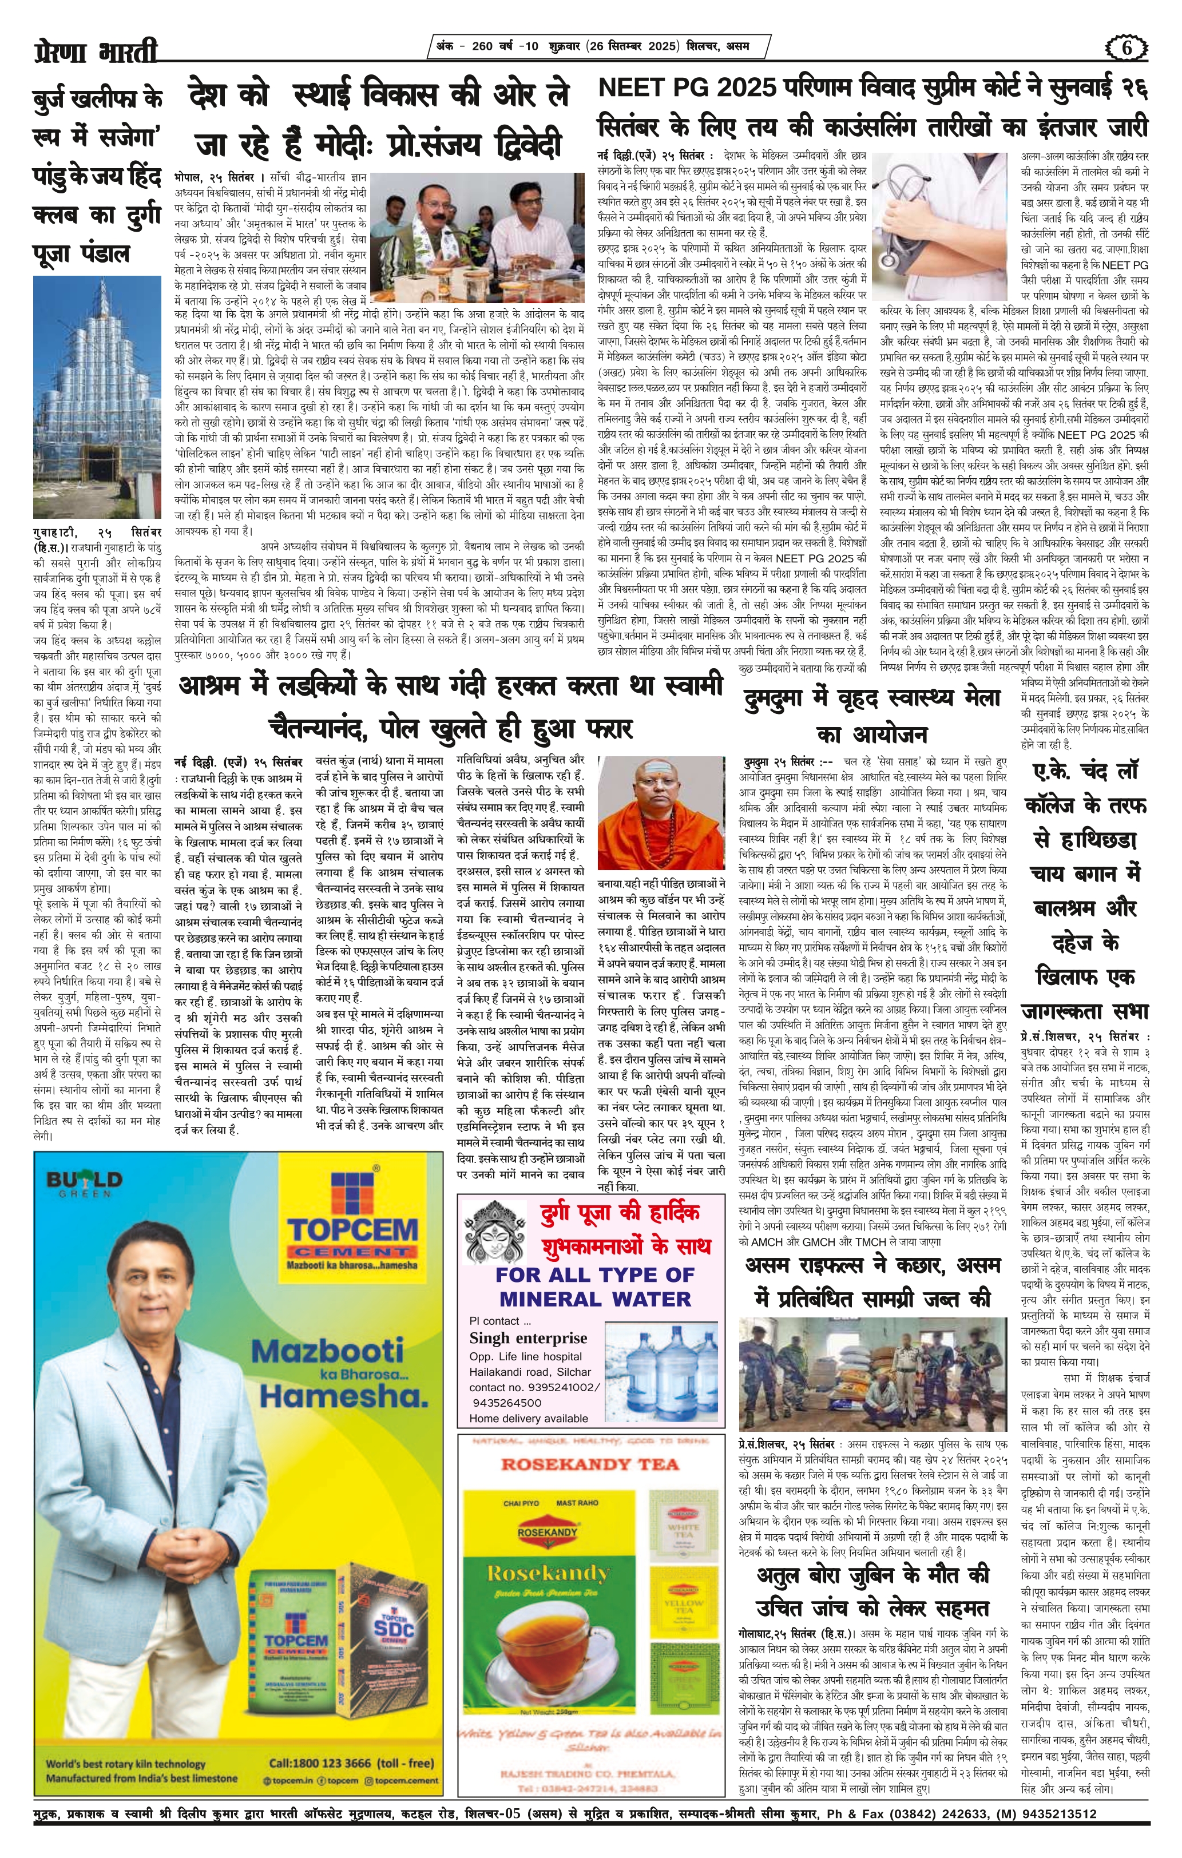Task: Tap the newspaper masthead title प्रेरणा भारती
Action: [95, 51]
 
